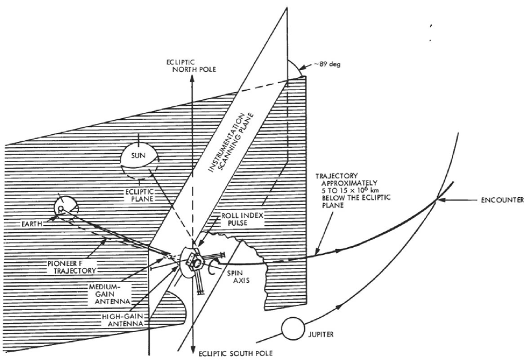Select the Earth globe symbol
64,207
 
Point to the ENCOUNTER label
503,199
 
